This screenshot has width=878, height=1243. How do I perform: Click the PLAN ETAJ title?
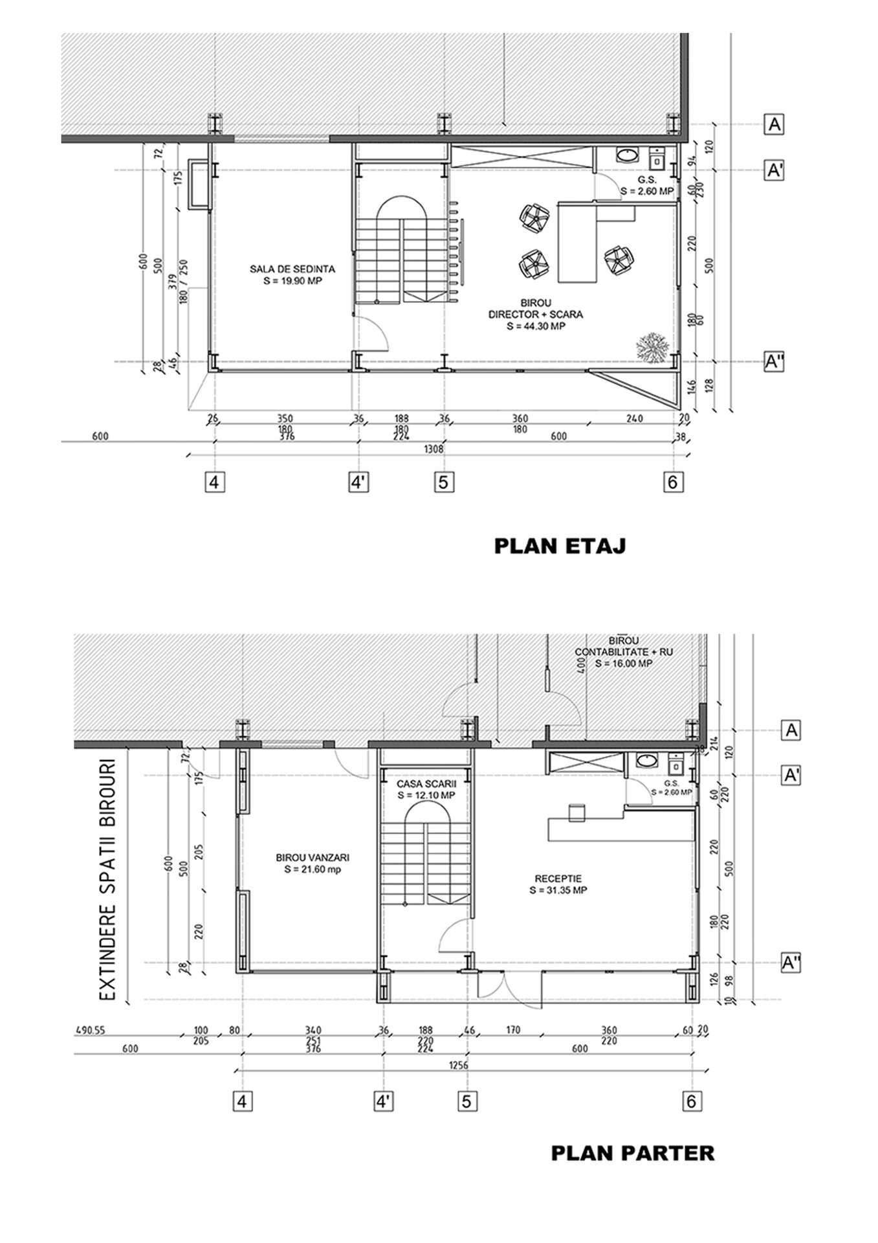(560, 546)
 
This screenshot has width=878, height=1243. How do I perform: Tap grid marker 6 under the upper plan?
(674, 482)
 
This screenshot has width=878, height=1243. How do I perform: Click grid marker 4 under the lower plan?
(242, 1101)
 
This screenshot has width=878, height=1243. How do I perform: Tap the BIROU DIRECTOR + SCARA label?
(536, 314)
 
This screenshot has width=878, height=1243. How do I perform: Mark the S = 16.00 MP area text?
(624, 664)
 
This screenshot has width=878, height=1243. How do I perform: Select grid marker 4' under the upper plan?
(358, 482)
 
